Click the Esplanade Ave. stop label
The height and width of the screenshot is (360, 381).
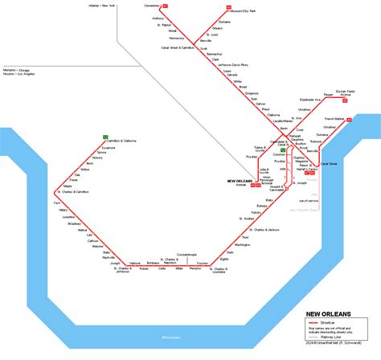click(309, 100)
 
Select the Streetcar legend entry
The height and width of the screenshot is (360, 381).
click(338, 321)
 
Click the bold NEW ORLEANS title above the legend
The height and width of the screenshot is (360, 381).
click(326, 314)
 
